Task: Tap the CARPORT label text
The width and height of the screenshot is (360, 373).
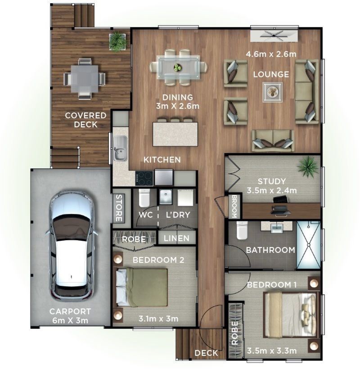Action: (70, 311)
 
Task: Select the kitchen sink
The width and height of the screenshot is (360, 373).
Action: (120, 148)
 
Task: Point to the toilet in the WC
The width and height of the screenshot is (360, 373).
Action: (144, 198)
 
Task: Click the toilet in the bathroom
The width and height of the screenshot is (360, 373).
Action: (242, 230)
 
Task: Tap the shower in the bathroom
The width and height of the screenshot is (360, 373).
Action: (308, 245)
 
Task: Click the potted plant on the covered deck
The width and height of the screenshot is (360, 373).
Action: (117, 41)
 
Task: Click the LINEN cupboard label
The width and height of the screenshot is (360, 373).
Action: (177, 238)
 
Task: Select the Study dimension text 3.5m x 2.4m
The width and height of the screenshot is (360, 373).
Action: (271, 190)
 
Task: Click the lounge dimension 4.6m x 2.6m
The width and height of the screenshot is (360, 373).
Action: (271, 54)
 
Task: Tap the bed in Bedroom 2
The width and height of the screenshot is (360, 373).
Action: (142, 287)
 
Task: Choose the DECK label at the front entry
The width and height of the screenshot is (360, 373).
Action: (206, 353)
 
